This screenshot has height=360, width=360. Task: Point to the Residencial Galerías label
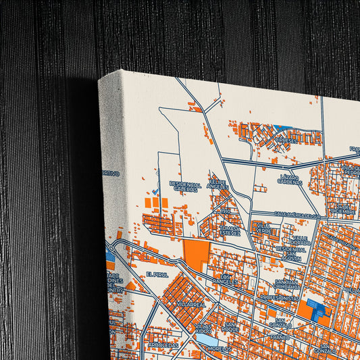pyautogui.click(x=185, y=187)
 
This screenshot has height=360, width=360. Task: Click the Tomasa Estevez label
pyautogui.click(x=230, y=232)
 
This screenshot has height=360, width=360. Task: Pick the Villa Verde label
pyautogui.click(x=263, y=227)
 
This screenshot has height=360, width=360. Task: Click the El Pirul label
pyautogui.click(x=155, y=274)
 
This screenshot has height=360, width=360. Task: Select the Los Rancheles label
pyautogui.click(x=227, y=280)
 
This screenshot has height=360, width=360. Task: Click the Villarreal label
pyautogui.click(x=190, y=305)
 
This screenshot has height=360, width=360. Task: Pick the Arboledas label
pyautogui.click(x=162, y=344)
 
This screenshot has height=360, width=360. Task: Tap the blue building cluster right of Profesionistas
pyautogui.click(x=317, y=310)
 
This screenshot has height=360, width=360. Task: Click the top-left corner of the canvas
pyautogui.click(x=99, y=80)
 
